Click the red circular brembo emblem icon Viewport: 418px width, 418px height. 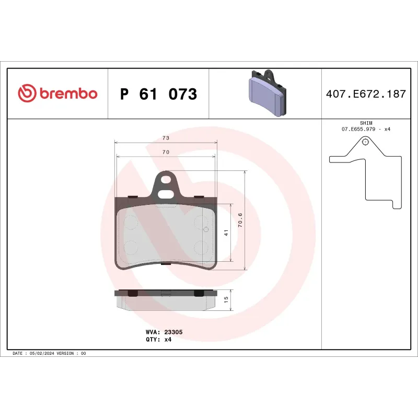click(x=26, y=94)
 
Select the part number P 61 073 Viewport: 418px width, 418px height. click(x=158, y=94)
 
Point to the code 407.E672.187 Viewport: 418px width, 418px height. click(x=366, y=95)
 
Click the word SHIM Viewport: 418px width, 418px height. click(x=366, y=123)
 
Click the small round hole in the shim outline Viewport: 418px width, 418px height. click(x=365, y=142)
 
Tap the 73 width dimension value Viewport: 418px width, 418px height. click(x=166, y=138)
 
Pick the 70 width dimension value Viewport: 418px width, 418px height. click(x=166, y=152)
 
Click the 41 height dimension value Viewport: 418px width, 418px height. click(x=226, y=233)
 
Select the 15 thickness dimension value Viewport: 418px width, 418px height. click(x=226, y=299)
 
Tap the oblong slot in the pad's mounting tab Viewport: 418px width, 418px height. click(x=166, y=194)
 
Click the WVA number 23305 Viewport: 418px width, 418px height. click(x=173, y=332)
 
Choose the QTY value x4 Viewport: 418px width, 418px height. click(x=168, y=339)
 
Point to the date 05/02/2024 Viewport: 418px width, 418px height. click(x=42, y=354)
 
